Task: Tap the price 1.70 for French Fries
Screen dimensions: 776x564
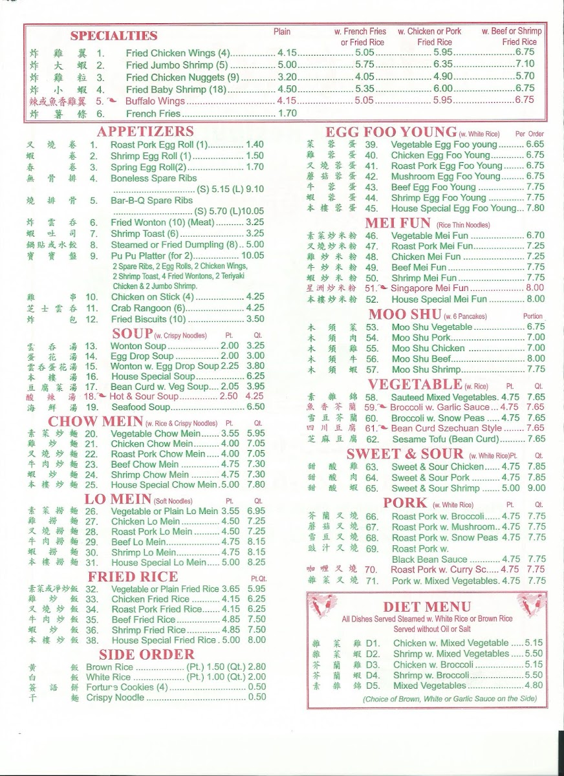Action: click(x=287, y=113)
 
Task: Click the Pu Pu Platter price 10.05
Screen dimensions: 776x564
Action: click(x=253, y=255)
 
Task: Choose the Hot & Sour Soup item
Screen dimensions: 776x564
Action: click(x=144, y=396)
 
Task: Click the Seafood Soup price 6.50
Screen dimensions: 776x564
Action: click(x=255, y=407)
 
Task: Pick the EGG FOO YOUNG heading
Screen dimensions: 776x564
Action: click(x=391, y=132)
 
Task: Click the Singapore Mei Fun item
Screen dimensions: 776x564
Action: click(x=430, y=288)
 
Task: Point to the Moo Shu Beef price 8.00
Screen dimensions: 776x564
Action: click(x=536, y=359)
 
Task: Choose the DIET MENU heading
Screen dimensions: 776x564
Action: click(x=427, y=607)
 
